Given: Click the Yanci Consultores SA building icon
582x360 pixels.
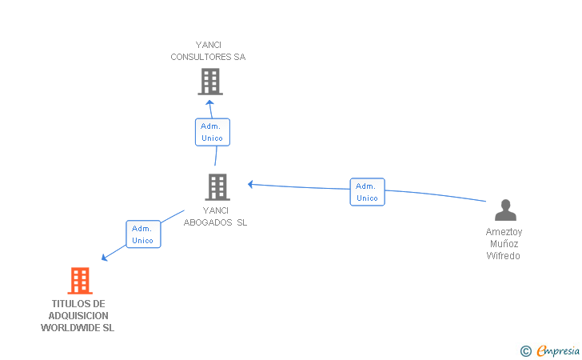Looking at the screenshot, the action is [210, 82].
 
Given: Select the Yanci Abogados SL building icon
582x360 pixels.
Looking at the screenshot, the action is [217, 187].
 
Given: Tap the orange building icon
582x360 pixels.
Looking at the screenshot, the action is [80, 281].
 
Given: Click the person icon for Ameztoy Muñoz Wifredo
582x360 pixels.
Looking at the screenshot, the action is [505, 210].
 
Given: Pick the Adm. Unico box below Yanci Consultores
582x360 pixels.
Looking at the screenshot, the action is [213, 132].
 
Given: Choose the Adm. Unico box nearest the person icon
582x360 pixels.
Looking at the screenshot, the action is [368, 192].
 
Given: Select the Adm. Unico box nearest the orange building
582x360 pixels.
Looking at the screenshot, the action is [143, 234].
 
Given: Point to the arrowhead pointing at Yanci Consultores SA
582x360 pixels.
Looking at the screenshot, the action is [209, 102].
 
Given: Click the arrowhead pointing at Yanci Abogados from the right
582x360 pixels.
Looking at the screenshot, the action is [250, 184].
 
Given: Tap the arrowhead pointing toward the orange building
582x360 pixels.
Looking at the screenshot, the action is [104, 258].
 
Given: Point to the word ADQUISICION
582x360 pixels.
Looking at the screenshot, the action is [78, 316].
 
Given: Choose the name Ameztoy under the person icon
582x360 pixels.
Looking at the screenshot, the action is [504, 232].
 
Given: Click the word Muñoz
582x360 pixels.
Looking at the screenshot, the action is [504, 244].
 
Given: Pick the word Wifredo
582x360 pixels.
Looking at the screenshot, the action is [504, 256].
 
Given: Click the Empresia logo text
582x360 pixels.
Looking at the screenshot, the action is [558, 350].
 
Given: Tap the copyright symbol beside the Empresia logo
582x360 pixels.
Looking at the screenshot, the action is [526, 351].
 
